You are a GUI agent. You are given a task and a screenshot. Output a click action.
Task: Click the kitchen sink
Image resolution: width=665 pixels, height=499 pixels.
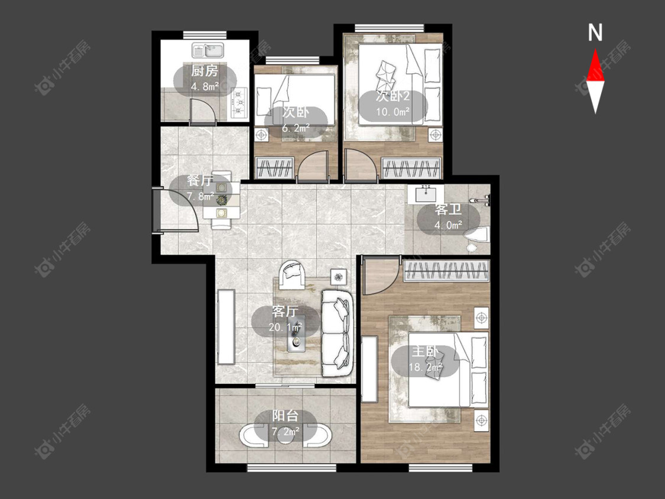(208, 50)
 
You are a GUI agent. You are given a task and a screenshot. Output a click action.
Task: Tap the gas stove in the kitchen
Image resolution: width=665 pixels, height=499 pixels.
(239, 103)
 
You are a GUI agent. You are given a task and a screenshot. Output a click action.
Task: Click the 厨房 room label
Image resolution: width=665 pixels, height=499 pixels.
(205, 70)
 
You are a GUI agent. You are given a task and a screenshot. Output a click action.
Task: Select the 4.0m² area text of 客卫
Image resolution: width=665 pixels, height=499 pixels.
(448, 225)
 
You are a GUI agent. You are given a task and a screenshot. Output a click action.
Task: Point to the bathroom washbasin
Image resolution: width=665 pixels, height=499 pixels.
(426, 195)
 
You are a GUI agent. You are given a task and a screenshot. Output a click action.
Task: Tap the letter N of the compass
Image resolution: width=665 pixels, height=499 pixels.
(595, 33)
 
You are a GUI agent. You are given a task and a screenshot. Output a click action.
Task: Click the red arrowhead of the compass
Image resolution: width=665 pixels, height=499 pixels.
(595, 65)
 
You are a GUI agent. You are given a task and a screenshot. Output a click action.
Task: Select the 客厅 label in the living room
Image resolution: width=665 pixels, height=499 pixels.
(285, 312)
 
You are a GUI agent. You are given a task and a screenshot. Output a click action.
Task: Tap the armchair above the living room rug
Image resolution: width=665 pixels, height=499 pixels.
(292, 274)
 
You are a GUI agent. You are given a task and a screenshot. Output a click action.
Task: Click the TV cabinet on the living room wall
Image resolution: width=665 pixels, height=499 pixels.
(226, 327)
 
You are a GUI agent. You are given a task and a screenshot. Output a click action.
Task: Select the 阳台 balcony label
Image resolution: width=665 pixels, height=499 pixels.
(286, 416)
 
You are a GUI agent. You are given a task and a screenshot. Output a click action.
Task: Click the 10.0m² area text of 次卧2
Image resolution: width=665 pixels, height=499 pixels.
(392, 112)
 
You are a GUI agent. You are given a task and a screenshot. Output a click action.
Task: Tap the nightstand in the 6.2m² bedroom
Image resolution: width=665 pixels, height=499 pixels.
(262, 135)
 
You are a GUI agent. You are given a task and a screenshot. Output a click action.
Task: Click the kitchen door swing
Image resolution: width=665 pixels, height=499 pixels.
(203, 111)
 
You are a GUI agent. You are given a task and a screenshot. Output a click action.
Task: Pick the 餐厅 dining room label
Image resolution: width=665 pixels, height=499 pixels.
(200, 180)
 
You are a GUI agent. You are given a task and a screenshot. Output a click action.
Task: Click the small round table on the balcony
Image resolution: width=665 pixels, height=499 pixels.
(287, 436)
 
